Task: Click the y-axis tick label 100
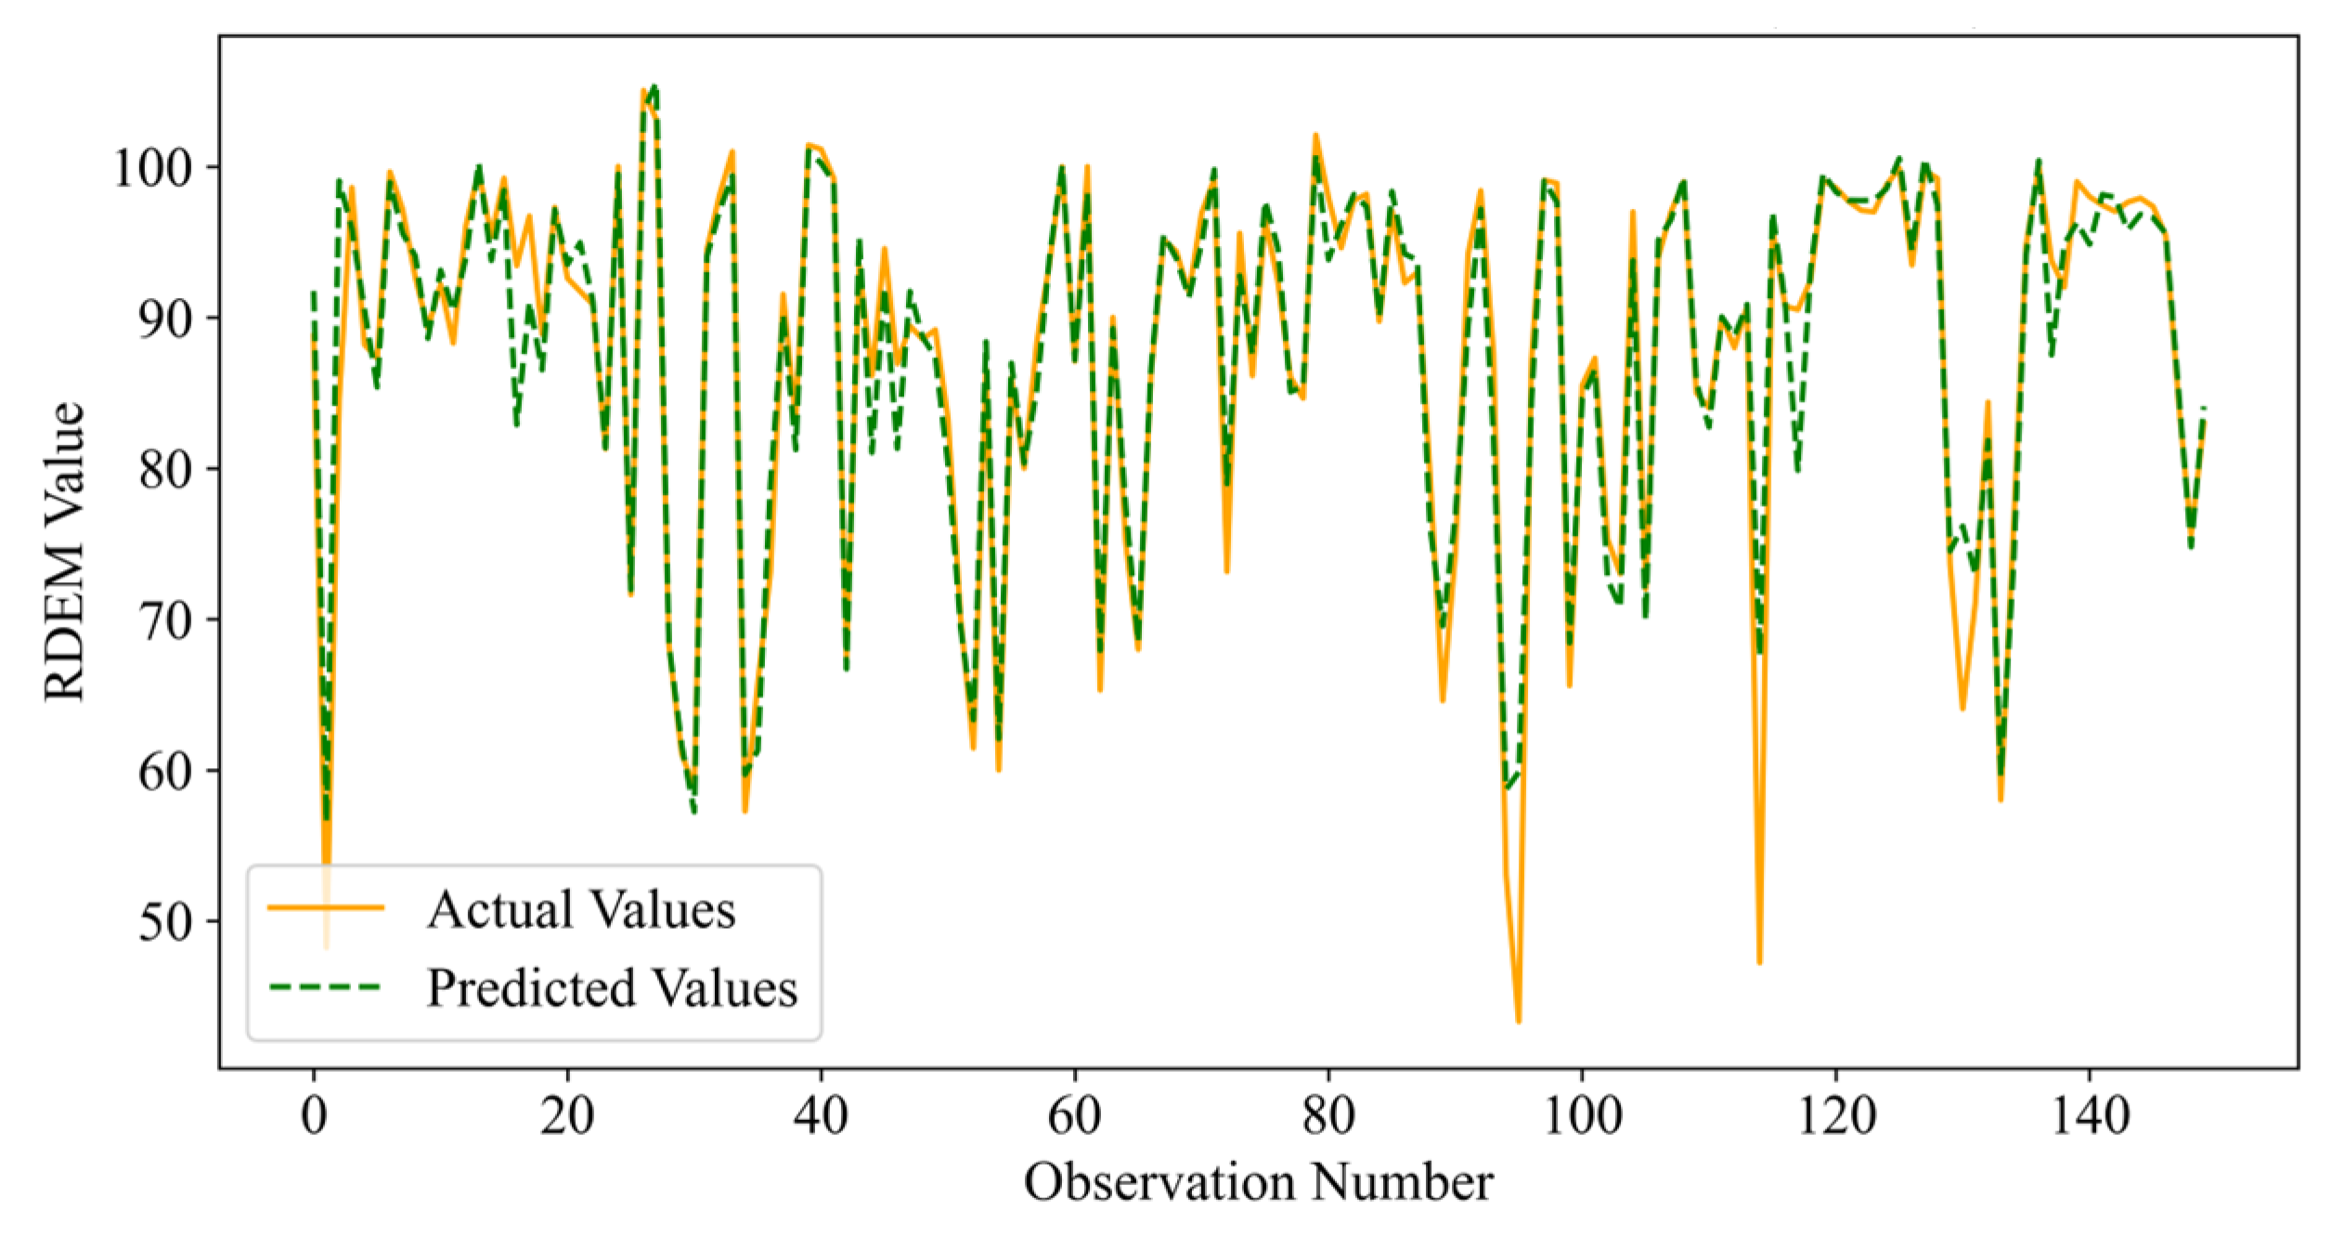tap(152, 168)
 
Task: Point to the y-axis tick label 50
tap(165, 922)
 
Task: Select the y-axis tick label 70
tap(165, 620)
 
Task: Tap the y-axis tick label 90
tap(165, 319)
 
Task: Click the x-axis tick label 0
tap(314, 1115)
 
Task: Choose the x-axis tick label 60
tap(1075, 1115)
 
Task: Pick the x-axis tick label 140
tap(2090, 1115)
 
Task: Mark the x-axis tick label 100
tap(1582, 1115)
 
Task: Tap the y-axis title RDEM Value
tap(65, 552)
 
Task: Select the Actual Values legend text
tap(581, 909)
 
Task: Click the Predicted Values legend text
tap(612, 987)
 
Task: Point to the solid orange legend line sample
tap(326, 907)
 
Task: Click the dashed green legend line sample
tap(326, 986)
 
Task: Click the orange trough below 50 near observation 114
tap(1759, 962)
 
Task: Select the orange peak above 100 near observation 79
tap(1315, 136)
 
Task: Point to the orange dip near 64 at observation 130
tap(1962, 709)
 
